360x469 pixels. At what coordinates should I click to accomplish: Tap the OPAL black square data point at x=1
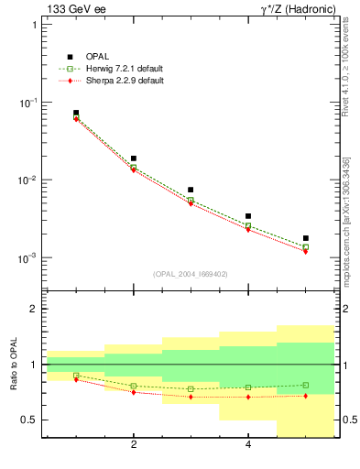(x=76, y=113)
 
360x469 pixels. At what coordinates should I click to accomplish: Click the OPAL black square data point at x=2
(x=134, y=158)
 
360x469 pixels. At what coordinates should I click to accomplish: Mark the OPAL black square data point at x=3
(x=191, y=190)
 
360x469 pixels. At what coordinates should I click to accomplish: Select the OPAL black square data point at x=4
(x=248, y=216)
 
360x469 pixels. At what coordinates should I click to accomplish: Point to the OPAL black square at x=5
(x=305, y=238)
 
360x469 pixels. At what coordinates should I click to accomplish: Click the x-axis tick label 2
(x=134, y=445)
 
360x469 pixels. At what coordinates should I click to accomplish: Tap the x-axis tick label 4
(x=248, y=445)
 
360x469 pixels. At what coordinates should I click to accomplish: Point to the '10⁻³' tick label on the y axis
(x=31, y=258)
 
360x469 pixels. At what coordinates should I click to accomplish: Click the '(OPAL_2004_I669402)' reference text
(x=191, y=273)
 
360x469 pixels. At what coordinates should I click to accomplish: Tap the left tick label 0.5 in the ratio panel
(x=30, y=420)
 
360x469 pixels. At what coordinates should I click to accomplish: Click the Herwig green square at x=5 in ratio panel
(x=305, y=385)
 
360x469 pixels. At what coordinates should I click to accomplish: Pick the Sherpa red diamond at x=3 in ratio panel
(x=191, y=397)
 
